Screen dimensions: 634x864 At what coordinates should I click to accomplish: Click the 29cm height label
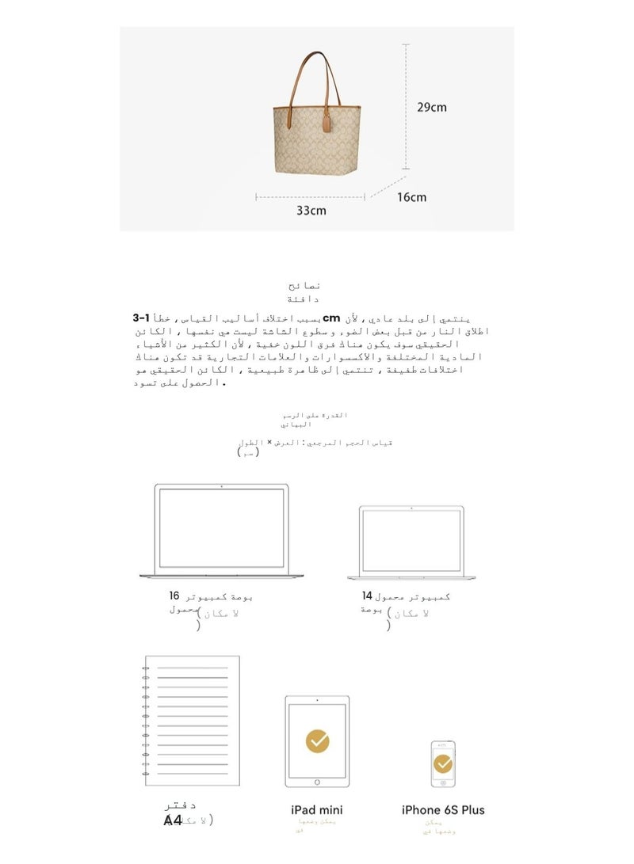[x=432, y=107]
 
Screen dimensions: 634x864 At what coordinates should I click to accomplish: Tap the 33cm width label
[x=311, y=211]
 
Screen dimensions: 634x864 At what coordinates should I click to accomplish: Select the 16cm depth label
[x=411, y=197]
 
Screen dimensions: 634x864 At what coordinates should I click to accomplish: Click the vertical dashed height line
[x=406, y=107]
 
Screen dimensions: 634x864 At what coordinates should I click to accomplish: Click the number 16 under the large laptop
[x=174, y=596]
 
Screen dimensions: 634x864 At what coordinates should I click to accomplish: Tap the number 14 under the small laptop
[x=366, y=596]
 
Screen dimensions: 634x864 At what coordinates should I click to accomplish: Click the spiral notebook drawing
[x=191, y=721]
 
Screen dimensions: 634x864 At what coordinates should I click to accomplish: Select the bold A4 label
[x=173, y=820]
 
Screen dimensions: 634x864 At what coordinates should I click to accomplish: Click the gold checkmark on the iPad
[x=317, y=740]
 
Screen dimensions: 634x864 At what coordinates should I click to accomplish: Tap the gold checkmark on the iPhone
[x=443, y=763]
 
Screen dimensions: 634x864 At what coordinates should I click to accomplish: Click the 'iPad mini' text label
[x=317, y=810]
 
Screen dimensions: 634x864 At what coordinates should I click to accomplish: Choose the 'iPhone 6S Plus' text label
[x=443, y=810]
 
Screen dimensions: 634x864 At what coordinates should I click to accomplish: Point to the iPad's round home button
[x=317, y=782]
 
